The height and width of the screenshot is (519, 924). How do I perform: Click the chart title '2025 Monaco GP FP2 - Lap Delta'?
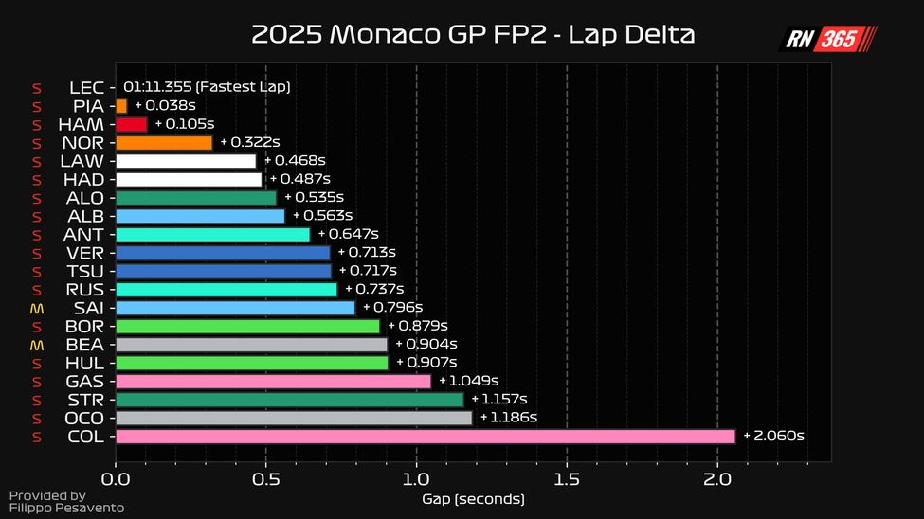point(473,35)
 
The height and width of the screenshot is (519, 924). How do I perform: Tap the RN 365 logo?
point(828,39)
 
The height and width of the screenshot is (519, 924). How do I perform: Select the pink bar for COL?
point(425,437)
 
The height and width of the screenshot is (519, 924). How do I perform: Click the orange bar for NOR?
point(163,143)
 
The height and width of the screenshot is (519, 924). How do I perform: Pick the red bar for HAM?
point(131,124)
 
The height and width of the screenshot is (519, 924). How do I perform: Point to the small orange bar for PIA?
point(121,106)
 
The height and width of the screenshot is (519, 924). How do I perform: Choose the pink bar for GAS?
point(273,382)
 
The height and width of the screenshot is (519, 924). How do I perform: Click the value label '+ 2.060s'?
point(773,437)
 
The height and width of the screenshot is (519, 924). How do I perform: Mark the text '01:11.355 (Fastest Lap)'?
point(207,87)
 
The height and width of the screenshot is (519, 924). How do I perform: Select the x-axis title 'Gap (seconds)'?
point(473,499)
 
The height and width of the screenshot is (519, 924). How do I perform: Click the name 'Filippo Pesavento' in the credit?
point(66,509)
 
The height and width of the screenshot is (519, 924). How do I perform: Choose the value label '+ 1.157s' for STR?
point(499,400)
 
